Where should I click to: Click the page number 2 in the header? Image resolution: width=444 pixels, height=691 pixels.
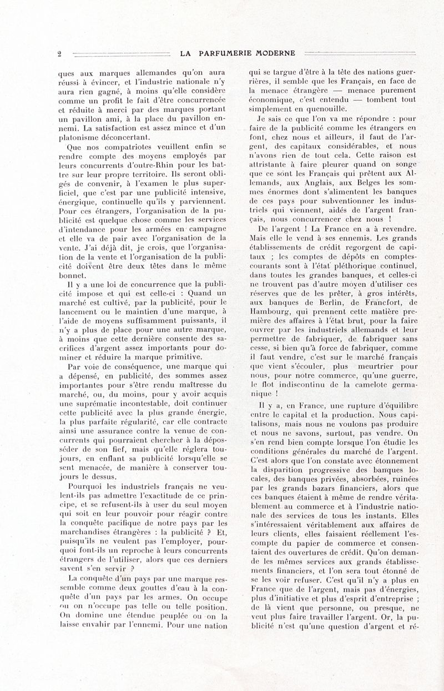point(59,54)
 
